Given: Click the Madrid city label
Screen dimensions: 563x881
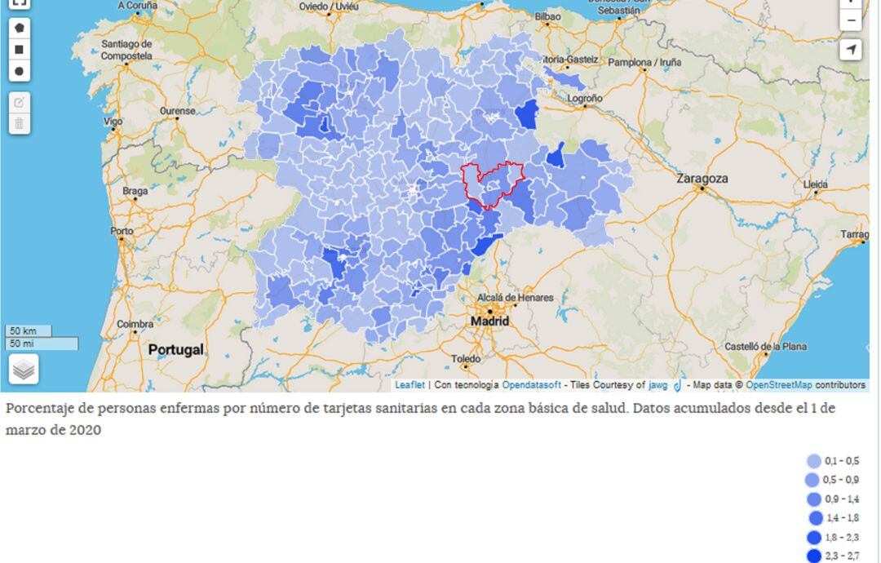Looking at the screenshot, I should [489, 321].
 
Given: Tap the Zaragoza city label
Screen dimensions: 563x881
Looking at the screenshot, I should [702, 178].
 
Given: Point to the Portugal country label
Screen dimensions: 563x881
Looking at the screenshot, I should [175, 349].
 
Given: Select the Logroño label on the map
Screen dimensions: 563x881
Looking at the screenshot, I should [585, 98].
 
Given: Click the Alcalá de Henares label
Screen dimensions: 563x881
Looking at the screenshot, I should [515, 298].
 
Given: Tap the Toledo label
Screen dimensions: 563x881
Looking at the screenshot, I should [466, 359].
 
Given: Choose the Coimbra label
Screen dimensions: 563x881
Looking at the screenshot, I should [135, 324].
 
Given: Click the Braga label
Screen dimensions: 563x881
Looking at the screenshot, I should [135, 191].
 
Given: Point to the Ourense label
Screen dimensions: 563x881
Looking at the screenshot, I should [177, 110].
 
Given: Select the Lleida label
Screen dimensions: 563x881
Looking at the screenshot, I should [815, 184].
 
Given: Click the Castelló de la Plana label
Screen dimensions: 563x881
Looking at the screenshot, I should [765, 347].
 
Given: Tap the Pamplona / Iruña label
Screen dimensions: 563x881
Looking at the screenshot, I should [644, 62].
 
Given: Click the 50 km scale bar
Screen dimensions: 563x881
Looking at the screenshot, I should [29, 331].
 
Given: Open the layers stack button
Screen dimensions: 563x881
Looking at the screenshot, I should [24, 370].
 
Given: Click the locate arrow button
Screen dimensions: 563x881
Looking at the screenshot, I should [851, 50].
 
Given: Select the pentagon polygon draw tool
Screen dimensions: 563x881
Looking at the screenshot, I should [20, 28].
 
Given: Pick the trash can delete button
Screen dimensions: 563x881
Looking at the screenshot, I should [20, 124].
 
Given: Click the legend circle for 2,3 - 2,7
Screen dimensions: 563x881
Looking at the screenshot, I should [814, 556].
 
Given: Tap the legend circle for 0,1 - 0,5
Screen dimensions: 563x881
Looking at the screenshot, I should [814, 461].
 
